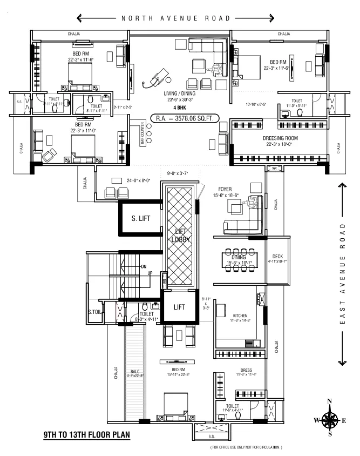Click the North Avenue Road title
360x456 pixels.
175,18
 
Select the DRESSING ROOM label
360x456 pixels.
281,138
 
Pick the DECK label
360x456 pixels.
277,256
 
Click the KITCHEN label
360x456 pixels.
240,314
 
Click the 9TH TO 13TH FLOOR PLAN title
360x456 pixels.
86,434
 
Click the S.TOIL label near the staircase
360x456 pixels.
96,312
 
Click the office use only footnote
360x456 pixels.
246,448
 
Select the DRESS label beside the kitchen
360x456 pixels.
246,371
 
